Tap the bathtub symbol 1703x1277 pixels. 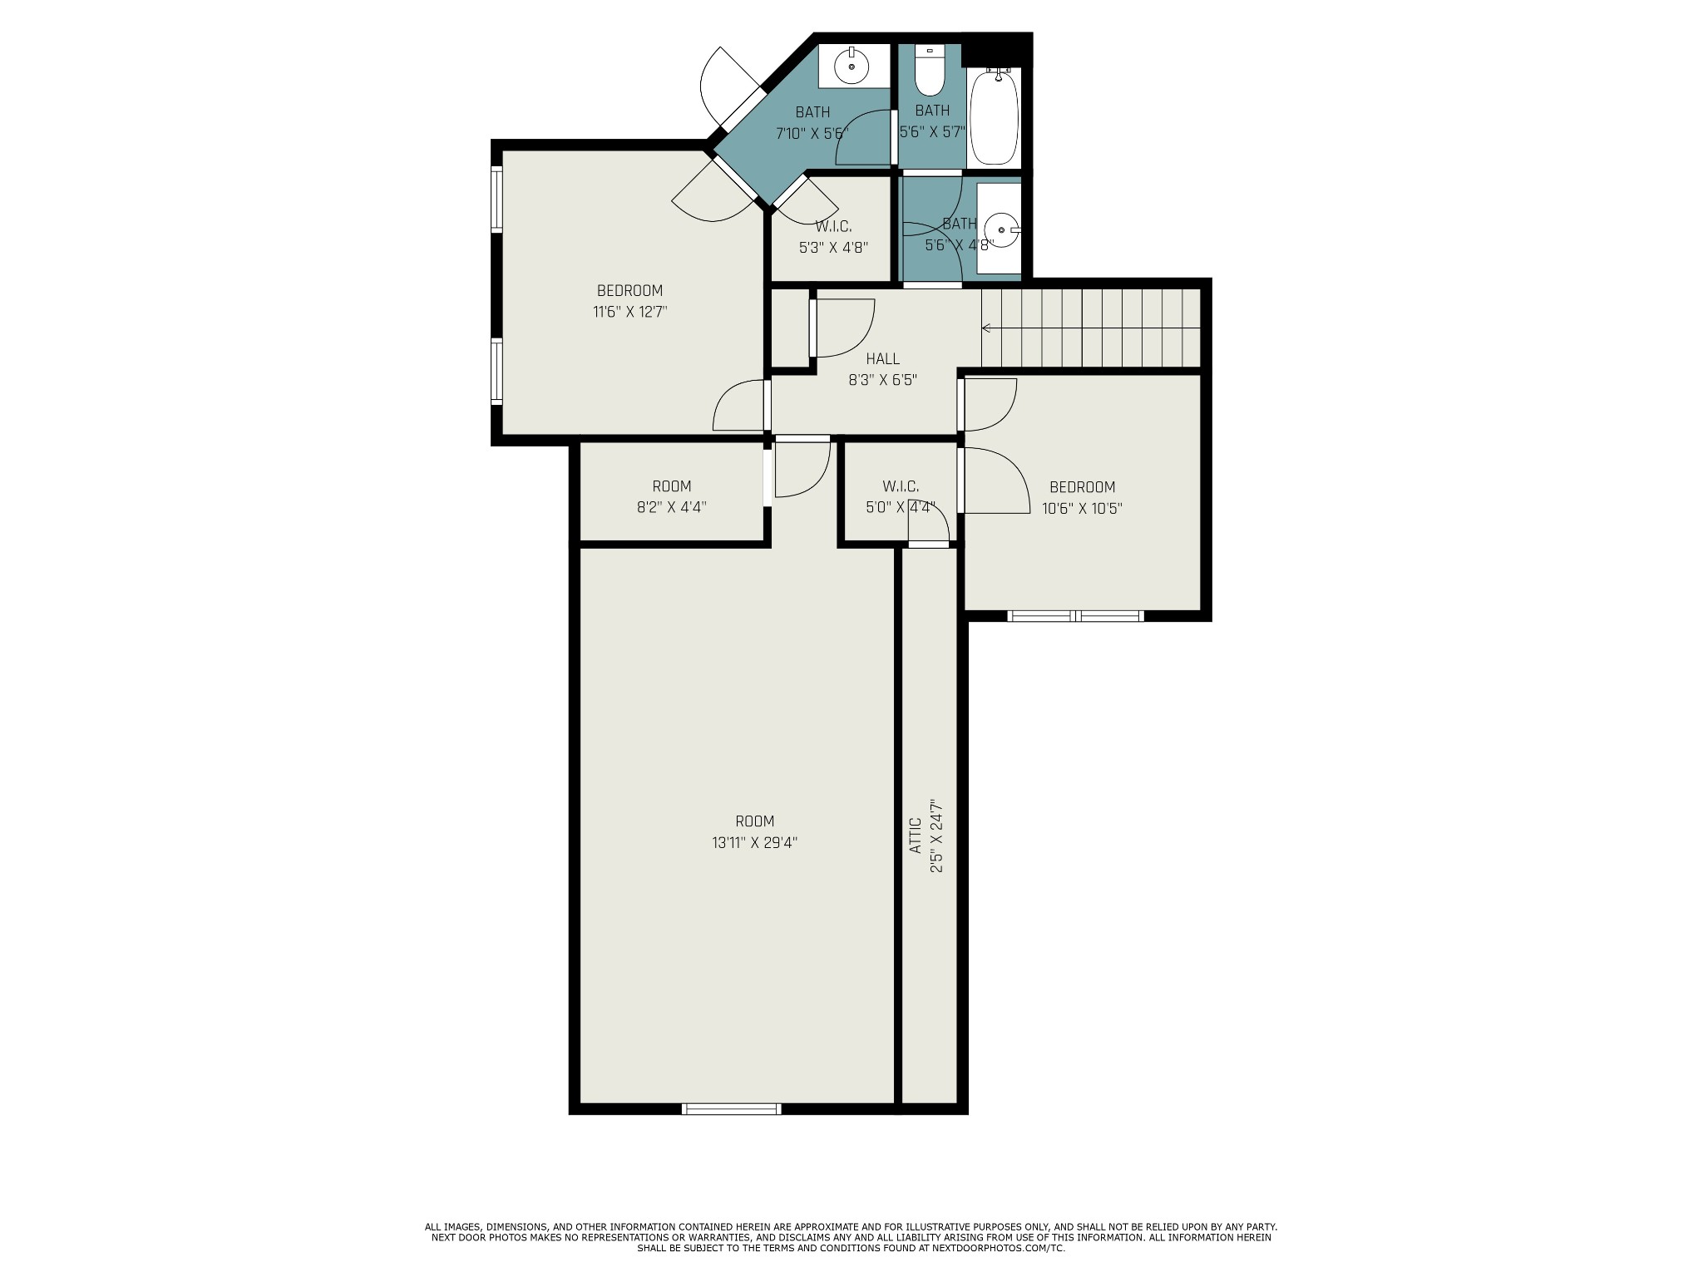coord(994,117)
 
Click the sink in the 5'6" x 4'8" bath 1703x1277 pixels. coord(1000,228)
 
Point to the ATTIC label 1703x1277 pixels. coord(915,836)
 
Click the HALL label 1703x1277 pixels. coord(882,359)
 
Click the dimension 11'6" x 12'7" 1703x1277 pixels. coord(629,313)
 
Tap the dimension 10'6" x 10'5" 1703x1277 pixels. coord(1082,509)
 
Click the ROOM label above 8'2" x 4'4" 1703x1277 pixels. coord(671,486)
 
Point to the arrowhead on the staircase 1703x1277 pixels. coord(986,328)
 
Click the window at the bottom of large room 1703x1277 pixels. coord(731,1108)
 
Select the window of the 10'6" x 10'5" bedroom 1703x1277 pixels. coord(1075,616)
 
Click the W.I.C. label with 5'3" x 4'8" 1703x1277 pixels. coord(833,226)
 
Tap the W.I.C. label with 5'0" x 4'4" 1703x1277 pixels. coord(901,486)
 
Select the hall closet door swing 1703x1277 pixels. coord(842,327)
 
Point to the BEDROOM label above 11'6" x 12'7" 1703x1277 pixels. coord(629,291)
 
